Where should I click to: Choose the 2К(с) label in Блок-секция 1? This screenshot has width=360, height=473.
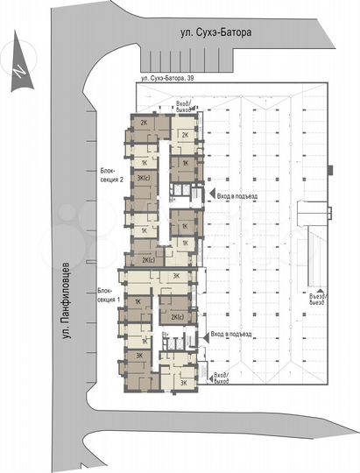(177, 317)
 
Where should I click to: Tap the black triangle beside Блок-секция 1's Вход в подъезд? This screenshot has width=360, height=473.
(204, 335)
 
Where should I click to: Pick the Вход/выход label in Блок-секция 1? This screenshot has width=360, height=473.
(221, 378)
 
